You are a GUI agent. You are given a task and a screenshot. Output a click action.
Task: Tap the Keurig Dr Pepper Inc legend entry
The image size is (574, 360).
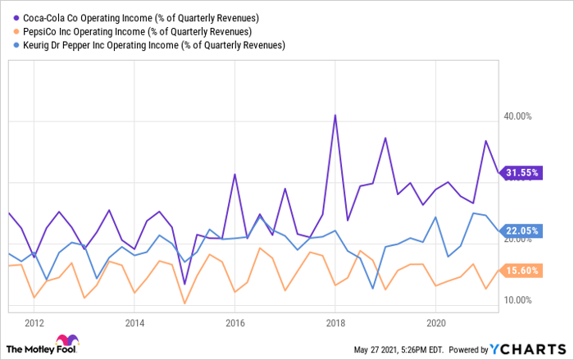pos(151,44)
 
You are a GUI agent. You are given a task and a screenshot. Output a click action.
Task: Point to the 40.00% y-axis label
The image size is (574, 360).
pos(518,116)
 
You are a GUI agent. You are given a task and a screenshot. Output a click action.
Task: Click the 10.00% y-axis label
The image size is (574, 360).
pos(518,300)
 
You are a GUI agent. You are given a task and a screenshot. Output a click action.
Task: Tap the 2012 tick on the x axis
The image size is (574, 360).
pos(34,321)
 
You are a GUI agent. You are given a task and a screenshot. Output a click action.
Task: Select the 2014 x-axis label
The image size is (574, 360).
pos(134,321)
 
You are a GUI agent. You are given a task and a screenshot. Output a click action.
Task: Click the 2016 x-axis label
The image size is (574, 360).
pos(235,321)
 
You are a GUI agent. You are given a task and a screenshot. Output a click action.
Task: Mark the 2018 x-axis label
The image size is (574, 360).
pos(335,321)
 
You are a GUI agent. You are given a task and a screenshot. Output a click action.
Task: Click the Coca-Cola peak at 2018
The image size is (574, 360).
pos(335,116)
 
